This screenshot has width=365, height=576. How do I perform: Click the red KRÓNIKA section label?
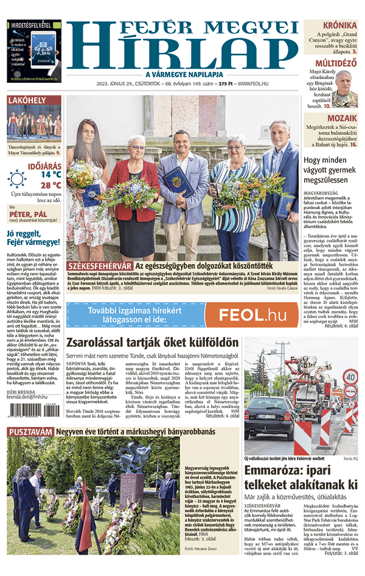pyautogui.click(x=339, y=26)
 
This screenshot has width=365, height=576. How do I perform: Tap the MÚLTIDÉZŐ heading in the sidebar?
pyautogui.click(x=335, y=63)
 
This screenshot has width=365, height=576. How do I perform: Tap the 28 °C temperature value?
pyautogui.click(x=50, y=185)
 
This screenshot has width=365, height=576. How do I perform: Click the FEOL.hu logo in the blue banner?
pyautogui.click(x=252, y=314)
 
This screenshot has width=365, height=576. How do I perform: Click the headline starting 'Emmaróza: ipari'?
pyautogui.click(x=301, y=477)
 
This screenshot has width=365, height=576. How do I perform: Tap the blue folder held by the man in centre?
pyautogui.click(x=178, y=181)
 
